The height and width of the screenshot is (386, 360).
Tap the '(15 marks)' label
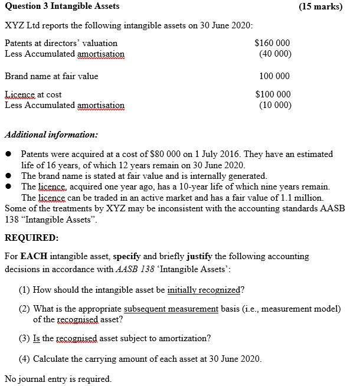click(x=320, y=6)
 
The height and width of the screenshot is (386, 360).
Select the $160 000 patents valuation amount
click(x=272, y=43)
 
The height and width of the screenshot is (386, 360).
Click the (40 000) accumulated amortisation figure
click(x=274, y=54)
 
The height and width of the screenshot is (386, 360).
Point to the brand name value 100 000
click(x=274, y=76)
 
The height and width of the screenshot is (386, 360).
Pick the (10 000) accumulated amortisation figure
click(x=274, y=105)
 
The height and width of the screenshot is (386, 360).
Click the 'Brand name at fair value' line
click(x=51, y=76)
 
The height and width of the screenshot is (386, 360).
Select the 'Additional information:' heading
click(x=51, y=134)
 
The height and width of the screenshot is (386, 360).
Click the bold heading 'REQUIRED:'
click(x=31, y=238)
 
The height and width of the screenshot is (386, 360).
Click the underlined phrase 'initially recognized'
click(x=204, y=290)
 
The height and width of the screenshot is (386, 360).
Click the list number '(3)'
click(x=25, y=339)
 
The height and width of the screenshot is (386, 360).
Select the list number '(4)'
click(x=25, y=359)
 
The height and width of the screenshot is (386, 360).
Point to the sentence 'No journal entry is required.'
click(x=58, y=378)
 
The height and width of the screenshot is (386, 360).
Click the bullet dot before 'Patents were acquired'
click(x=9, y=154)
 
